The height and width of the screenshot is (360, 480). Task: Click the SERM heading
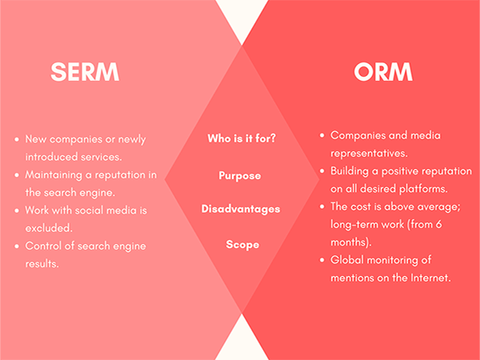pos(85,72)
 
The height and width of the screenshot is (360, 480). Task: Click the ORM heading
pos(383,72)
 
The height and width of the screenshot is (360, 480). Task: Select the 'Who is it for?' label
pos(242,138)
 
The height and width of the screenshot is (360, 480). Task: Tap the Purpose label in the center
pos(240,176)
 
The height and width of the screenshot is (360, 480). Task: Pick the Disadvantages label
pos(241,209)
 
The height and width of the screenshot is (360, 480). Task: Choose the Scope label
pos(242,245)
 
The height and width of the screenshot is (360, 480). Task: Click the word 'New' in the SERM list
pos(35,139)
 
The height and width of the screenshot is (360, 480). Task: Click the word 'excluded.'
pos(49,228)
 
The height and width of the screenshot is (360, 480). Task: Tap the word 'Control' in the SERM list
pos(43,246)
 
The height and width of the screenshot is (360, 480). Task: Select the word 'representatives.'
pos(369,154)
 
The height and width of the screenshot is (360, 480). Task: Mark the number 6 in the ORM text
pos(438,224)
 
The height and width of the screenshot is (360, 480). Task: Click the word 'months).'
pos(351,242)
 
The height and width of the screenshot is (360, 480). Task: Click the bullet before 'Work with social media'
pos(17,210)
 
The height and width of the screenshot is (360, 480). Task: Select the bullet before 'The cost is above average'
pos(322,207)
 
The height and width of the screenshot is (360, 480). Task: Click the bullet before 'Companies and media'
pos(322,136)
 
